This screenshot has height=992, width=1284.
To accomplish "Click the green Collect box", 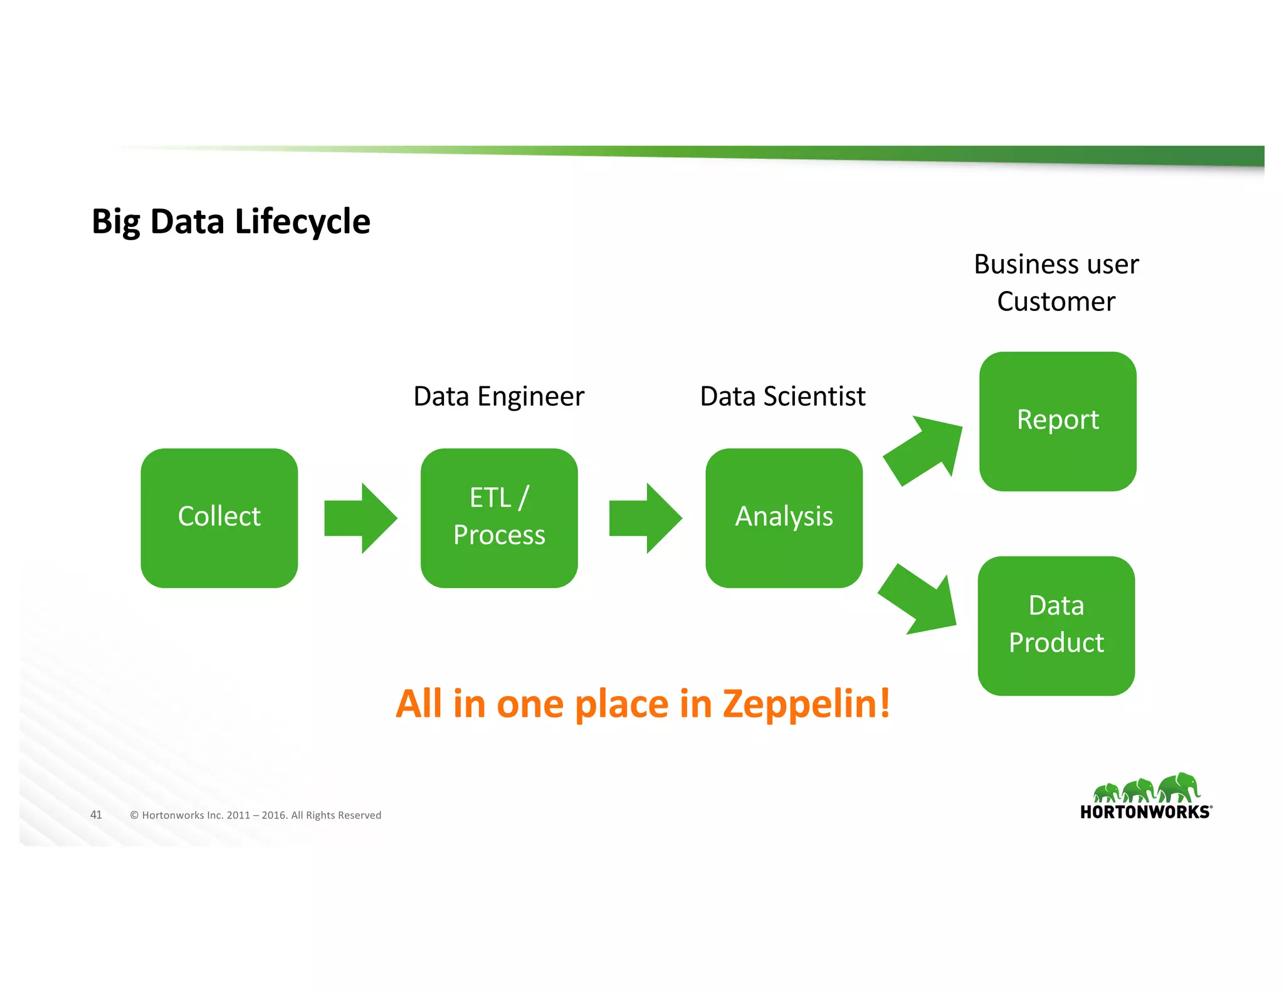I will pyautogui.click(x=219, y=517).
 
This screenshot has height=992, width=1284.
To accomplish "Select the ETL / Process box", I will pyautogui.click(x=498, y=517).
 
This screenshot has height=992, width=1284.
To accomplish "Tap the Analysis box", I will pyautogui.click(x=784, y=517).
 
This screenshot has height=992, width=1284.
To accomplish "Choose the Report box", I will pyautogui.click(x=1058, y=421).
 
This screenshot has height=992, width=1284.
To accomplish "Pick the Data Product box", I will pyautogui.click(x=1056, y=625).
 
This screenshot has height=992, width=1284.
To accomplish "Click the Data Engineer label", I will pyautogui.click(x=498, y=396).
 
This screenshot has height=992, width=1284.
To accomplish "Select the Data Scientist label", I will pyautogui.click(x=782, y=396).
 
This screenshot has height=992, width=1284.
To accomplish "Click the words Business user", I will pyautogui.click(x=1056, y=264).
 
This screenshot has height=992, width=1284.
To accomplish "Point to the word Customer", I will pyautogui.click(x=1056, y=302).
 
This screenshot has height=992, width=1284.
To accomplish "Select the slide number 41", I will pyautogui.click(x=96, y=815).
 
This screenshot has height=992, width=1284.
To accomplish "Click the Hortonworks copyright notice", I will pyautogui.click(x=255, y=815).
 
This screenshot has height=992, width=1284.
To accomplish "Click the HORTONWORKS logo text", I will pyautogui.click(x=1145, y=812).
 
